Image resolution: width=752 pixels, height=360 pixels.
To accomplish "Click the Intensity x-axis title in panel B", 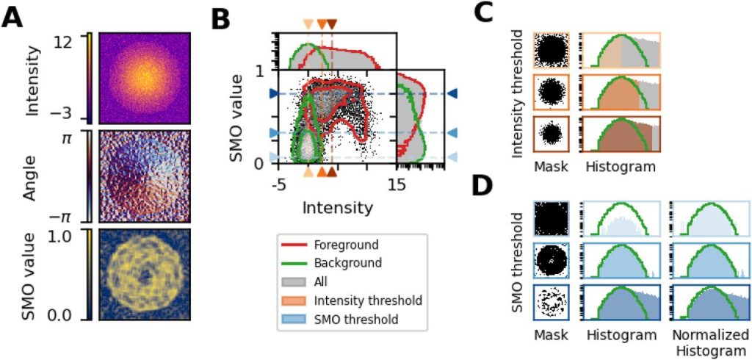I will tap(337, 207).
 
